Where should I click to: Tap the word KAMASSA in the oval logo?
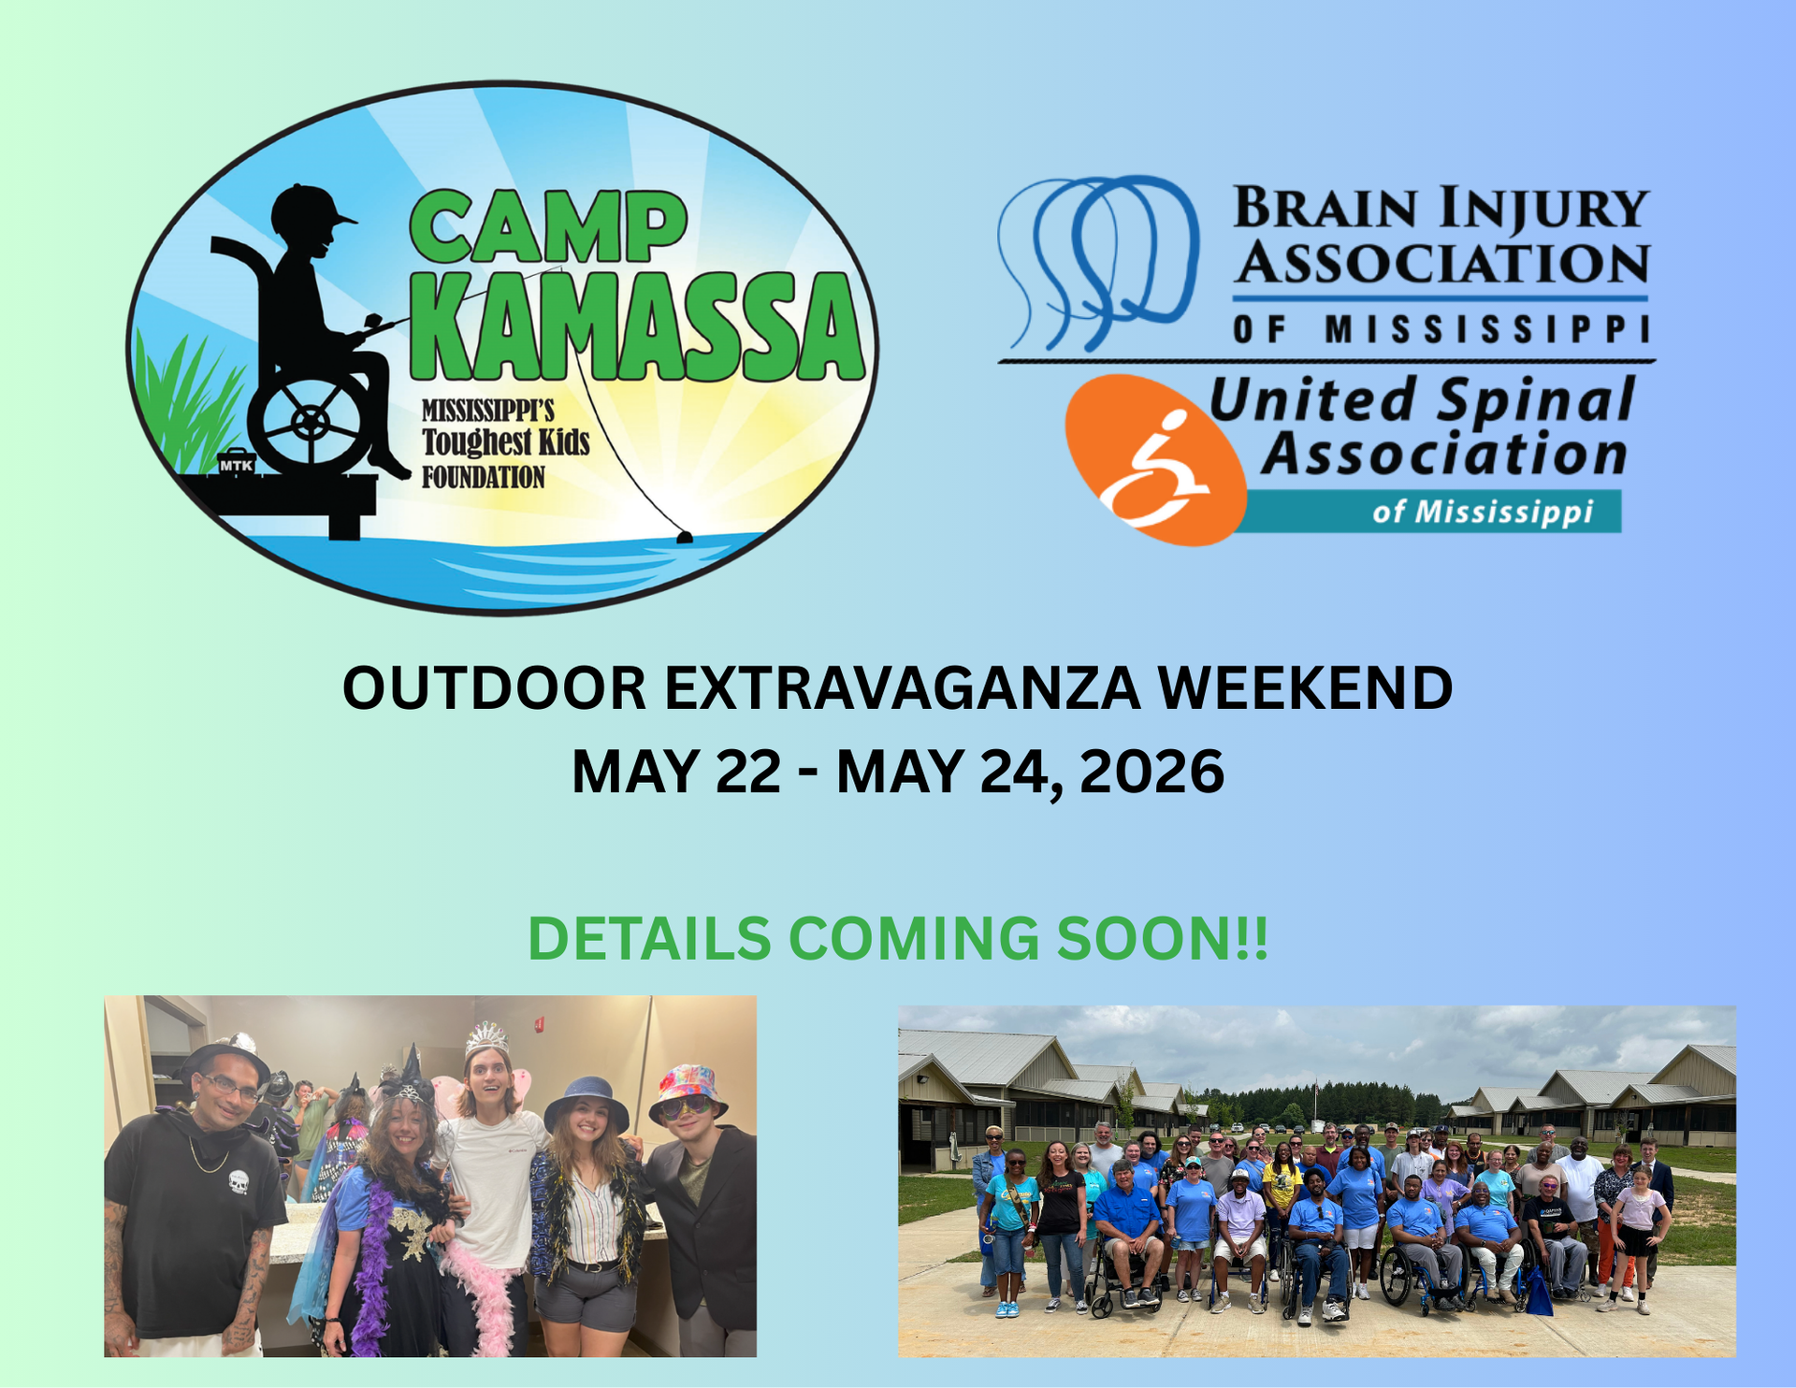point(637,327)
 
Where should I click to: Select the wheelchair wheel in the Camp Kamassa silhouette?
point(309,423)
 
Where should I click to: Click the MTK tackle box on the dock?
point(236,463)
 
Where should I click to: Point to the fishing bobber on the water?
point(684,537)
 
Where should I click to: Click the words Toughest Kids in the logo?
point(505,442)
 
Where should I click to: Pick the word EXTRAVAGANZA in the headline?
point(902,688)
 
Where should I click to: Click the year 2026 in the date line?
point(1151,773)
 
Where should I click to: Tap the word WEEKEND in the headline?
point(1304,688)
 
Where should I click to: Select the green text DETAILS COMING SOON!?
point(898,938)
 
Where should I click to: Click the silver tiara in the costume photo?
point(486,1037)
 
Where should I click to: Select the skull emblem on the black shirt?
point(239,1182)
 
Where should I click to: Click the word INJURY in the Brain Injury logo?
point(1543,208)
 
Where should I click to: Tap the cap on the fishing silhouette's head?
point(309,207)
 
